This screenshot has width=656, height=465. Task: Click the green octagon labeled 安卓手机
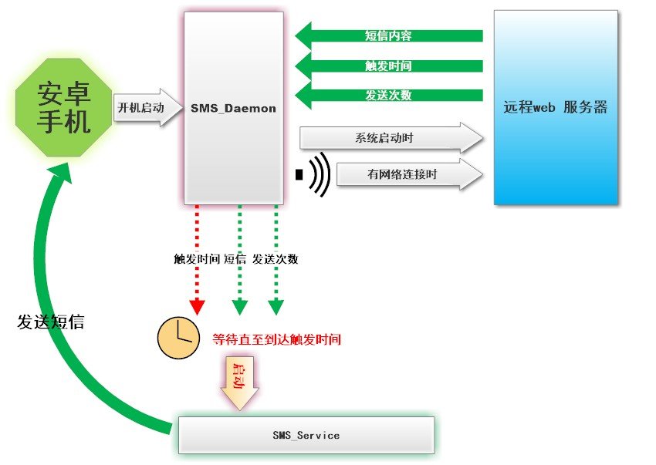pyautogui.click(x=64, y=108)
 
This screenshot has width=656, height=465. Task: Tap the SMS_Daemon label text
pyautogui.click(x=233, y=109)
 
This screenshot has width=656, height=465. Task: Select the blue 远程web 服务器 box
pyautogui.click(x=556, y=107)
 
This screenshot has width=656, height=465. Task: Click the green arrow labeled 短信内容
pyautogui.click(x=388, y=35)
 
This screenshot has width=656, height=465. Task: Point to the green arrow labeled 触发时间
pyautogui.click(x=388, y=66)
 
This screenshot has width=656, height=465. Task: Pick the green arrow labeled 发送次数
pyautogui.click(x=388, y=96)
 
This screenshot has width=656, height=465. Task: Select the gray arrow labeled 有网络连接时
pyautogui.click(x=401, y=175)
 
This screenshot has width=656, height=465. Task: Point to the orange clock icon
pyautogui.click(x=178, y=338)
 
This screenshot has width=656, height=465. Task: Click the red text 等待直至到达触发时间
pyautogui.click(x=276, y=339)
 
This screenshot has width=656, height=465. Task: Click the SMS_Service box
pyautogui.click(x=306, y=435)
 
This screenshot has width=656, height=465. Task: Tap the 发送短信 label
pyautogui.click(x=51, y=322)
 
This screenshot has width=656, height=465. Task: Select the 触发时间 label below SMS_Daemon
pyautogui.click(x=197, y=259)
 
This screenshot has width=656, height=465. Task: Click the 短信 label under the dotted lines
pyautogui.click(x=235, y=259)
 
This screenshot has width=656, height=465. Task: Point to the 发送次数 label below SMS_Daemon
pyautogui.click(x=276, y=259)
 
